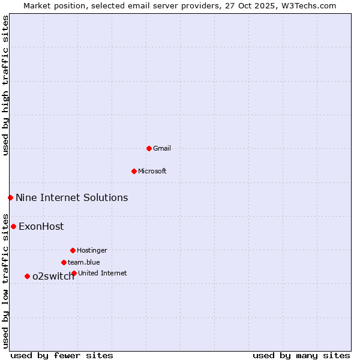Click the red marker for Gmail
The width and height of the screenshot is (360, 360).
149,148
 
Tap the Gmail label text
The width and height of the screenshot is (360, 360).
162,149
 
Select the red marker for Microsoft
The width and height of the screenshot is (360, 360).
134,171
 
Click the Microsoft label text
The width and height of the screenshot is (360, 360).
152,172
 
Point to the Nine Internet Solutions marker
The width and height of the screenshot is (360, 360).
10,197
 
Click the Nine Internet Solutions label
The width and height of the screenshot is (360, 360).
71,198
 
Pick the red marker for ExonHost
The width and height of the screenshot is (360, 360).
13,226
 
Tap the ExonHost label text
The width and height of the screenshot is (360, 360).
41,227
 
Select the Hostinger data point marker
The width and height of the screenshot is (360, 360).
73,250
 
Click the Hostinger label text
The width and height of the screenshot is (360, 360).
92,251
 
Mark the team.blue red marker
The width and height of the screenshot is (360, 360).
64,262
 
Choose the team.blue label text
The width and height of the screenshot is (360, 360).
83,263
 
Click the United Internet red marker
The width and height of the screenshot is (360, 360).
74,273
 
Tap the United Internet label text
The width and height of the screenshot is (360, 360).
102,274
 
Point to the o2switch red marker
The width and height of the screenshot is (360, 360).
27,276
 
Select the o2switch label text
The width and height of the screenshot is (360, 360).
53,277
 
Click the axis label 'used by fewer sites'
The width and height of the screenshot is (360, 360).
62,355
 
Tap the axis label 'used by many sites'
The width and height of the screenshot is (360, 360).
301,355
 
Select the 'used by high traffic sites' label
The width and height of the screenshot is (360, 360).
5,85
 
